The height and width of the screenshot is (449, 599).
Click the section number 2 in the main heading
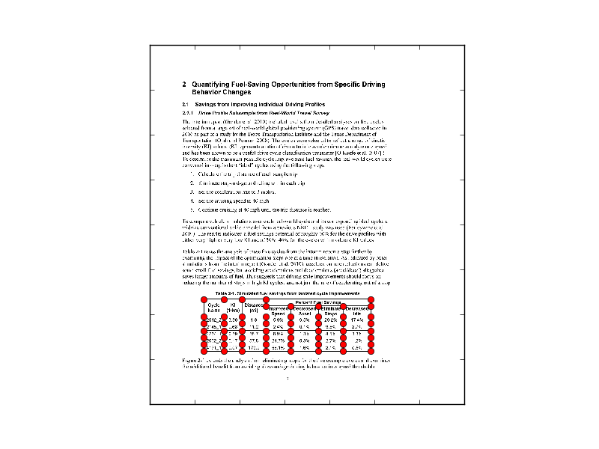point(184,85)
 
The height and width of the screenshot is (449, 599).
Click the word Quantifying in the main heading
point(214,85)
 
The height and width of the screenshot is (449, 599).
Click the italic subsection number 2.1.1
point(187,112)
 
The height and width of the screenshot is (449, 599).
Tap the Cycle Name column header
point(213,308)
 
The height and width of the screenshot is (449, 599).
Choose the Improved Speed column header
point(278,311)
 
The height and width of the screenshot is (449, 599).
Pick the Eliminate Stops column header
point(332,311)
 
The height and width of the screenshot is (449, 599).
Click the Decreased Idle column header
point(357,311)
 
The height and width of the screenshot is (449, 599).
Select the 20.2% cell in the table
point(332,320)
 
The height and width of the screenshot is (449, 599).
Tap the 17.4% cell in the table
point(357,320)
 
